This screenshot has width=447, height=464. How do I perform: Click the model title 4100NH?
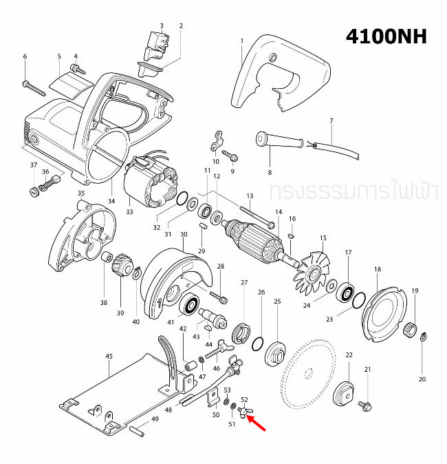pyautogui.click(x=386, y=35)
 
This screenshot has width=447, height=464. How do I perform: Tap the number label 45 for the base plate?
pyautogui.click(x=108, y=356)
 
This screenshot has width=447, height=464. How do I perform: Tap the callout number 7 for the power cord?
pyautogui.click(x=331, y=121)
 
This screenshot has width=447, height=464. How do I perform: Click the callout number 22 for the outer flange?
pyautogui.click(x=349, y=355)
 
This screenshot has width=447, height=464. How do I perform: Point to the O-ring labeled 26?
pyautogui.click(x=258, y=342)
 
